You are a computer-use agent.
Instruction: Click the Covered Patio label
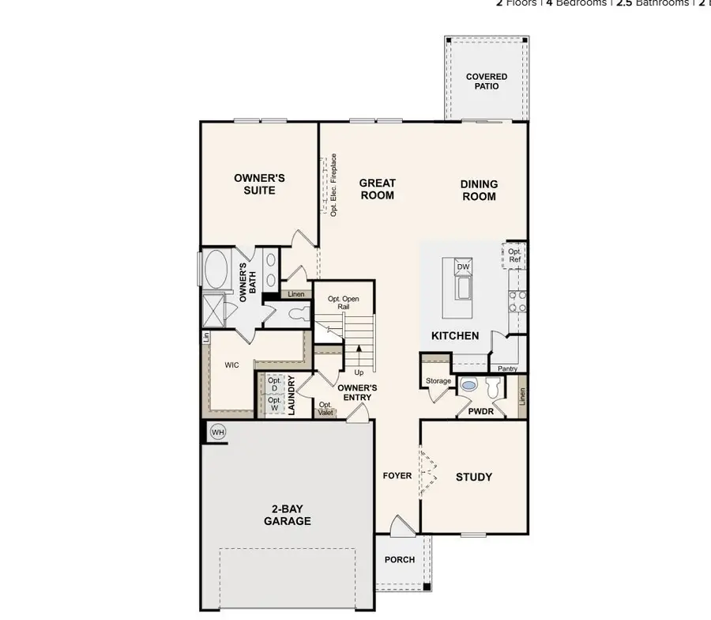point(487,81)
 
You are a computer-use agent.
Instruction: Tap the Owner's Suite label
point(259,184)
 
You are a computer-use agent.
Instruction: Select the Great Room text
point(378,189)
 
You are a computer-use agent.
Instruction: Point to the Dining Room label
point(480,190)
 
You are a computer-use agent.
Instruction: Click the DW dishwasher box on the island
point(464,267)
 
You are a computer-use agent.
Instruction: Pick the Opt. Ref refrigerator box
point(514,255)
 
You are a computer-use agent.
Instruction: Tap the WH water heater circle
point(218,433)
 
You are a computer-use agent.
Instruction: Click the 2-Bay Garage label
point(287,515)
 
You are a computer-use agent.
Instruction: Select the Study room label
point(474,477)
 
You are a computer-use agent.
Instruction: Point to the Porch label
point(400,560)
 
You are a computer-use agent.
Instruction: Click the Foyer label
point(397,476)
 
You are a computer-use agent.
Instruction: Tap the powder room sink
point(469,386)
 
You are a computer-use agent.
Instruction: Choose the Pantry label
point(506,369)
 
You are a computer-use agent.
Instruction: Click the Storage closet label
point(438,381)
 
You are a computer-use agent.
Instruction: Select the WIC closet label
point(231,365)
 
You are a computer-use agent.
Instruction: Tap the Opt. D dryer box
point(274,384)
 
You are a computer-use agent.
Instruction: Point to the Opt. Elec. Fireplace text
point(333,186)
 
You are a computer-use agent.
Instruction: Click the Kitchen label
point(455,335)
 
